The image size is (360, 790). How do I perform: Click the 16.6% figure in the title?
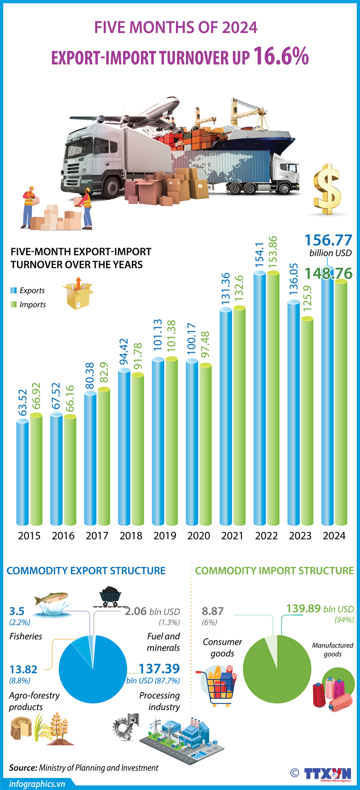[280, 56]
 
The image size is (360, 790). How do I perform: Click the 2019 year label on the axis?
[164, 536]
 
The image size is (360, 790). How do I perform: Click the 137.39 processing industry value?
[159, 668]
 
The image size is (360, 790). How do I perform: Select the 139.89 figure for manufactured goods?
[303, 609]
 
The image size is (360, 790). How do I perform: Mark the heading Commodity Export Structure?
[86, 571]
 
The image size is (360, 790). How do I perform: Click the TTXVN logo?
[327, 773]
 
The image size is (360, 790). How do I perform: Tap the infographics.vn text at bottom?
[37, 784]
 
